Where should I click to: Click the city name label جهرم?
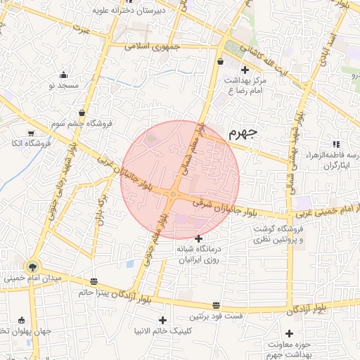tap(243, 132)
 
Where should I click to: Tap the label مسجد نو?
tap(61, 85)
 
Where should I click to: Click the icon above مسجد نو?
tap(64, 75)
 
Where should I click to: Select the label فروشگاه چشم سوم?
tap(80, 123)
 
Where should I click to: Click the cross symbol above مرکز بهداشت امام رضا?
tap(245, 69)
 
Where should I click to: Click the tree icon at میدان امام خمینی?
tap(31, 266)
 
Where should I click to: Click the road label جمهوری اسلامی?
tap(153, 49)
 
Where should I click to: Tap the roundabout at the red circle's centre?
tap(174, 194)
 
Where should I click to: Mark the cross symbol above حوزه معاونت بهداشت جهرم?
tap(289, 333)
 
